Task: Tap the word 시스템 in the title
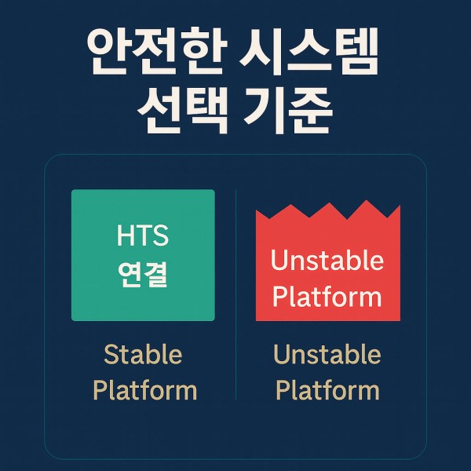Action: click(x=309, y=51)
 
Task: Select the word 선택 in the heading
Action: click(x=183, y=110)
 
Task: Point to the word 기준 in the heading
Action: click(x=288, y=110)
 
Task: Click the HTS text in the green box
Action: click(x=143, y=235)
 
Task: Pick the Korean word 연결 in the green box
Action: click(x=143, y=275)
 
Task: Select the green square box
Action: click(x=143, y=255)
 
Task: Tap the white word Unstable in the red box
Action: click(x=327, y=260)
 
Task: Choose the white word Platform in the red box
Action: click(x=327, y=297)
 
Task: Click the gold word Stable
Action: click(x=143, y=355)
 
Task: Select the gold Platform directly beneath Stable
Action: click(x=145, y=390)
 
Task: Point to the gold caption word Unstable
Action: click(x=327, y=355)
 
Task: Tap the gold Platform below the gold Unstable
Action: click(x=327, y=390)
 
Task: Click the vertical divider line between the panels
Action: click(x=235, y=294)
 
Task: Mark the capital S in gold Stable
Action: click(x=111, y=355)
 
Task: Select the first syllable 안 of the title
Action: click(x=108, y=51)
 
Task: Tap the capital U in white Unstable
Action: click(x=278, y=260)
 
